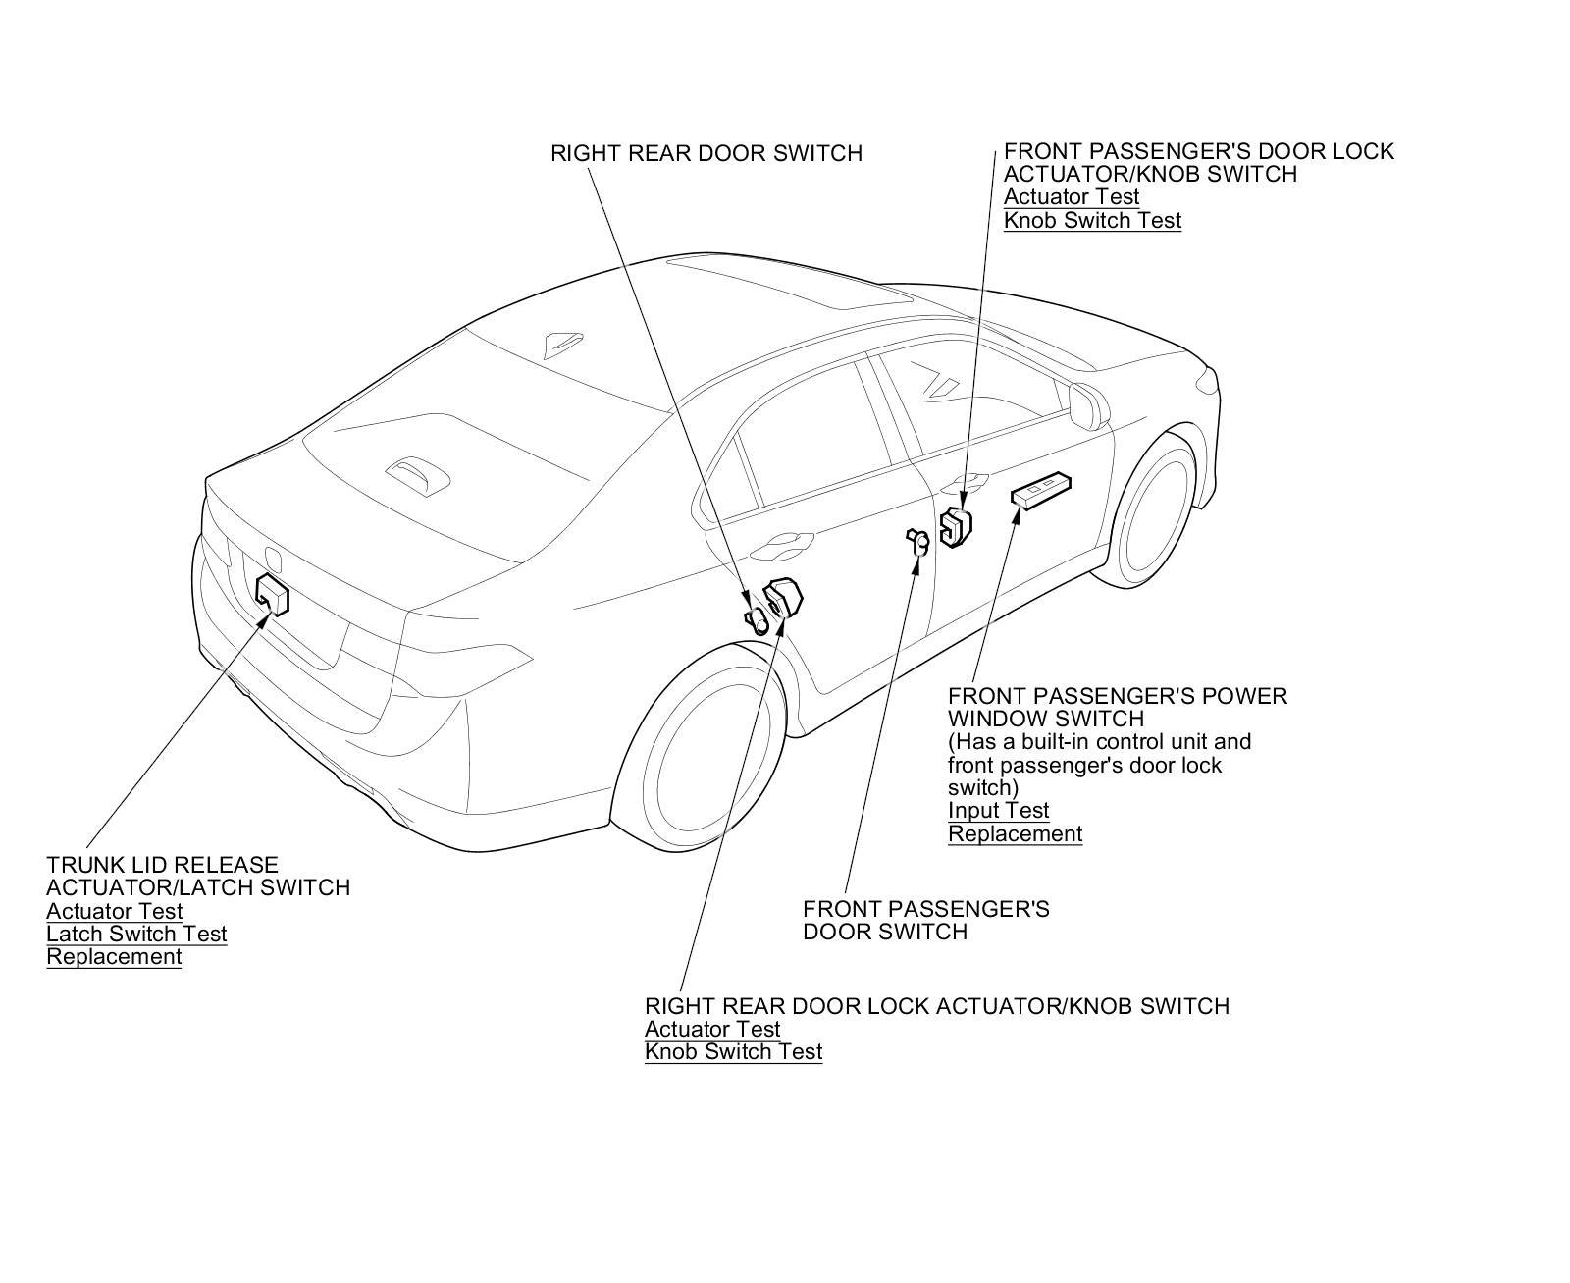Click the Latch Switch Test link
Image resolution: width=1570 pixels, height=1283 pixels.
[x=136, y=934]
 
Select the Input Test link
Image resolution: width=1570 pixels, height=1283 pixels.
[x=998, y=811]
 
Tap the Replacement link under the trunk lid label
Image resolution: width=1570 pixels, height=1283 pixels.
[x=114, y=957]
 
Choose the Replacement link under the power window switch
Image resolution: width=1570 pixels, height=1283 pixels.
[x=1015, y=834]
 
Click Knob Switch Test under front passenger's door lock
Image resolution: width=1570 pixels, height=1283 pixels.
[x=1092, y=220]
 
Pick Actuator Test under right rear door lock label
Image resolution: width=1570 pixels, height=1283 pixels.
[x=711, y=1029]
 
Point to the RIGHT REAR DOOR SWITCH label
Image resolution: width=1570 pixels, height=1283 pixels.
[x=706, y=153]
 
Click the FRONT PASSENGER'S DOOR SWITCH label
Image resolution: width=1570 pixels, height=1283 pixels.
[x=925, y=920]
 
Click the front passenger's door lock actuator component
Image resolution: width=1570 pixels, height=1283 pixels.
[x=955, y=527]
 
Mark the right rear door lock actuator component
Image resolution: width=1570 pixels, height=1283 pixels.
[x=783, y=600]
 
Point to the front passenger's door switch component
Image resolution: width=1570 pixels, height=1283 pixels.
[x=917, y=541]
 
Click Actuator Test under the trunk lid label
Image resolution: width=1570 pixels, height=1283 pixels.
[x=114, y=911]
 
